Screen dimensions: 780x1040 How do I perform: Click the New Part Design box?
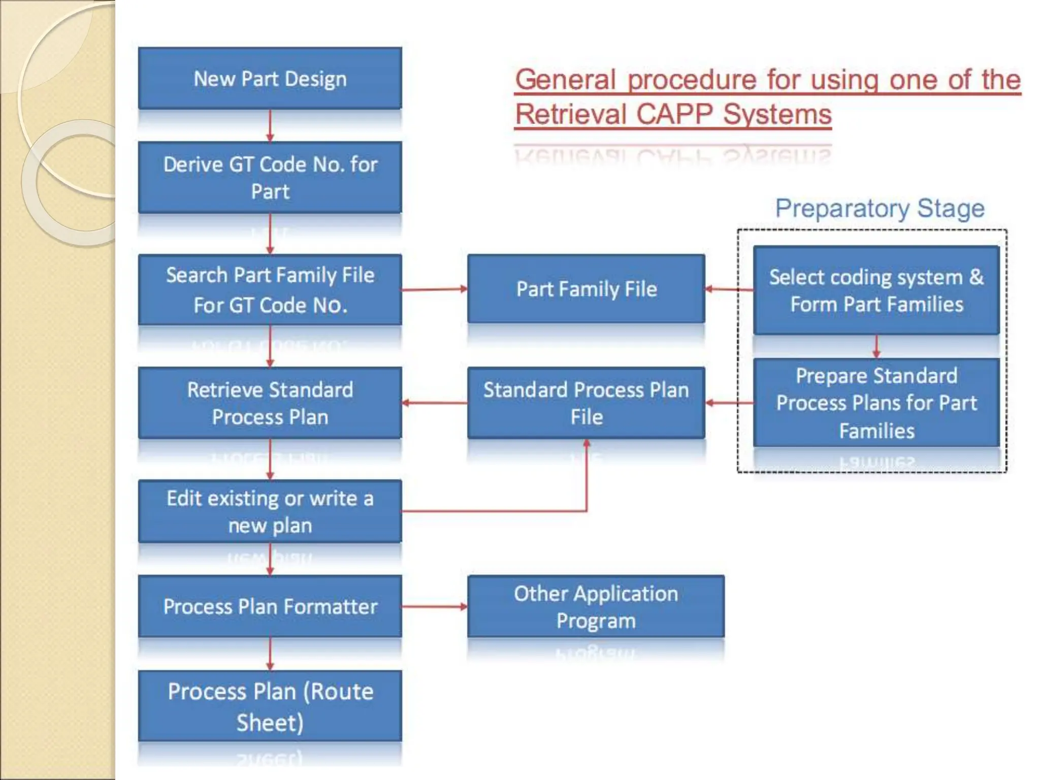click(x=270, y=79)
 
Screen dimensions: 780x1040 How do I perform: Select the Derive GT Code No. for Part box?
click(x=270, y=177)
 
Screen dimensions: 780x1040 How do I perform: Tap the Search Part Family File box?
click(x=270, y=289)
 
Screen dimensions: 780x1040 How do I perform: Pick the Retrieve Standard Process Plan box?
click(x=270, y=403)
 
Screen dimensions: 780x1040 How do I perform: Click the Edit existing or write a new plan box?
click(x=270, y=511)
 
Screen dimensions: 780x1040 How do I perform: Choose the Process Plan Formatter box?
click(x=270, y=606)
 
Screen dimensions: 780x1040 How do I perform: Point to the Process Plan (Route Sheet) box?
click(x=270, y=706)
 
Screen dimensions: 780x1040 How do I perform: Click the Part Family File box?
click(x=586, y=289)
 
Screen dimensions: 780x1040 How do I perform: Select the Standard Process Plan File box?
click(x=586, y=403)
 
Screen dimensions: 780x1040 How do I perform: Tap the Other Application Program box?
click(x=596, y=606)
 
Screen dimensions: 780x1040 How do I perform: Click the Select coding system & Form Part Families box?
click(x=876, y=290)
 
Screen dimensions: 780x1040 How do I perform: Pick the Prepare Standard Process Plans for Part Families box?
click(x=876, y=403)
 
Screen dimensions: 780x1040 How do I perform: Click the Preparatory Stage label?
click(x=880, y=208)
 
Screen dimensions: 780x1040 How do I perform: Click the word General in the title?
click(x=565, y=80)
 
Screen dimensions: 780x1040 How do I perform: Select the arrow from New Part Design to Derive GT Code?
click(x=270, y=125)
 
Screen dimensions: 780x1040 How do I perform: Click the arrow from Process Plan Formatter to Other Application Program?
click(x=434, y=606)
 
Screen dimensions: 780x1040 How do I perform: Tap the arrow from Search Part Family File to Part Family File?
click(x=434, y=289)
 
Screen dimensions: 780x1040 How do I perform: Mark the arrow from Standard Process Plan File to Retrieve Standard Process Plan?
click(x=434, y=403)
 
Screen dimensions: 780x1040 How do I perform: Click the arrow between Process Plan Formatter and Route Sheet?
click(x=270, y=654)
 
